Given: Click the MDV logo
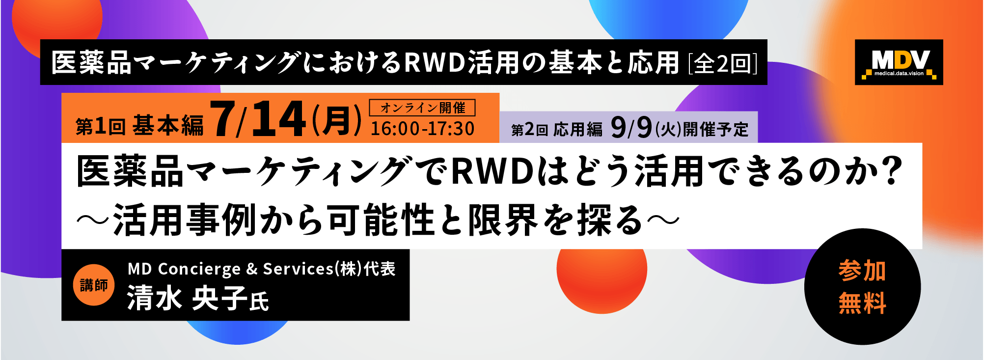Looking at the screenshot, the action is point(899,62).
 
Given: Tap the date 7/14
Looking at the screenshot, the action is point(259,119).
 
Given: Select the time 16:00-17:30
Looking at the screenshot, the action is point(422,129).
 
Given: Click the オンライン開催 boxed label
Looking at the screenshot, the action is point(422,108).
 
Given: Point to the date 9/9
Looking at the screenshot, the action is point(631,127).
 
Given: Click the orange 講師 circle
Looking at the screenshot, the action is point(94,285).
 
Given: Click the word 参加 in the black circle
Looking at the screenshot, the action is point(862,271).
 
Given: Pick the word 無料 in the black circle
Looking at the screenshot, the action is point(862,303).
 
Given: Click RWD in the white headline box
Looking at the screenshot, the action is point(492,171).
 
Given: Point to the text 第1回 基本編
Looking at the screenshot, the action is point(139,126).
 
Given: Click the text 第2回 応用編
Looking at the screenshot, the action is point(557,130).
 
